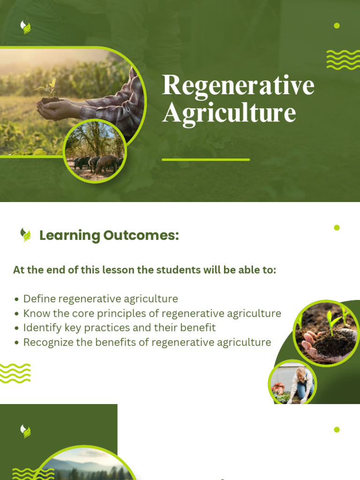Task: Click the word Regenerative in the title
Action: pyautogui.click(x=238, y=85)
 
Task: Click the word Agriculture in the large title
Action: pyautogui.click(x=229, y=112)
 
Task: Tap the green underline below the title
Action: pyautogui.click(x=206, y=160)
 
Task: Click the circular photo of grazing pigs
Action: pyautogui.click(x=95, y=151)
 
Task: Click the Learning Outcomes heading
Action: pyautogui.click(x=109, y=235)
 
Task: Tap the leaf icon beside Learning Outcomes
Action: pyautogui.click(x=26, y=235)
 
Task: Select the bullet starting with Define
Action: pyautogui.click(x=100, y=299)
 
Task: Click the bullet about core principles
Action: pyautogui.click(x=152, y=313)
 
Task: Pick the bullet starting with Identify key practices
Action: pyautogui.click(x=119, y=328)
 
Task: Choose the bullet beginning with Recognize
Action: pyautogui.click(x=147, y=342)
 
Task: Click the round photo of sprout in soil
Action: pyautogui.click(x=326, y=333)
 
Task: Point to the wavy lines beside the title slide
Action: pyautogui.click(x=343, y=60)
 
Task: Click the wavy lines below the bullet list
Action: pyautogui.click(x=15, y=373)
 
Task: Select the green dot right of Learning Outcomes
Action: pyautogui.click(x=337, y=228)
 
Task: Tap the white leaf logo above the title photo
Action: pyautogui.click(x=26, y=27)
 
